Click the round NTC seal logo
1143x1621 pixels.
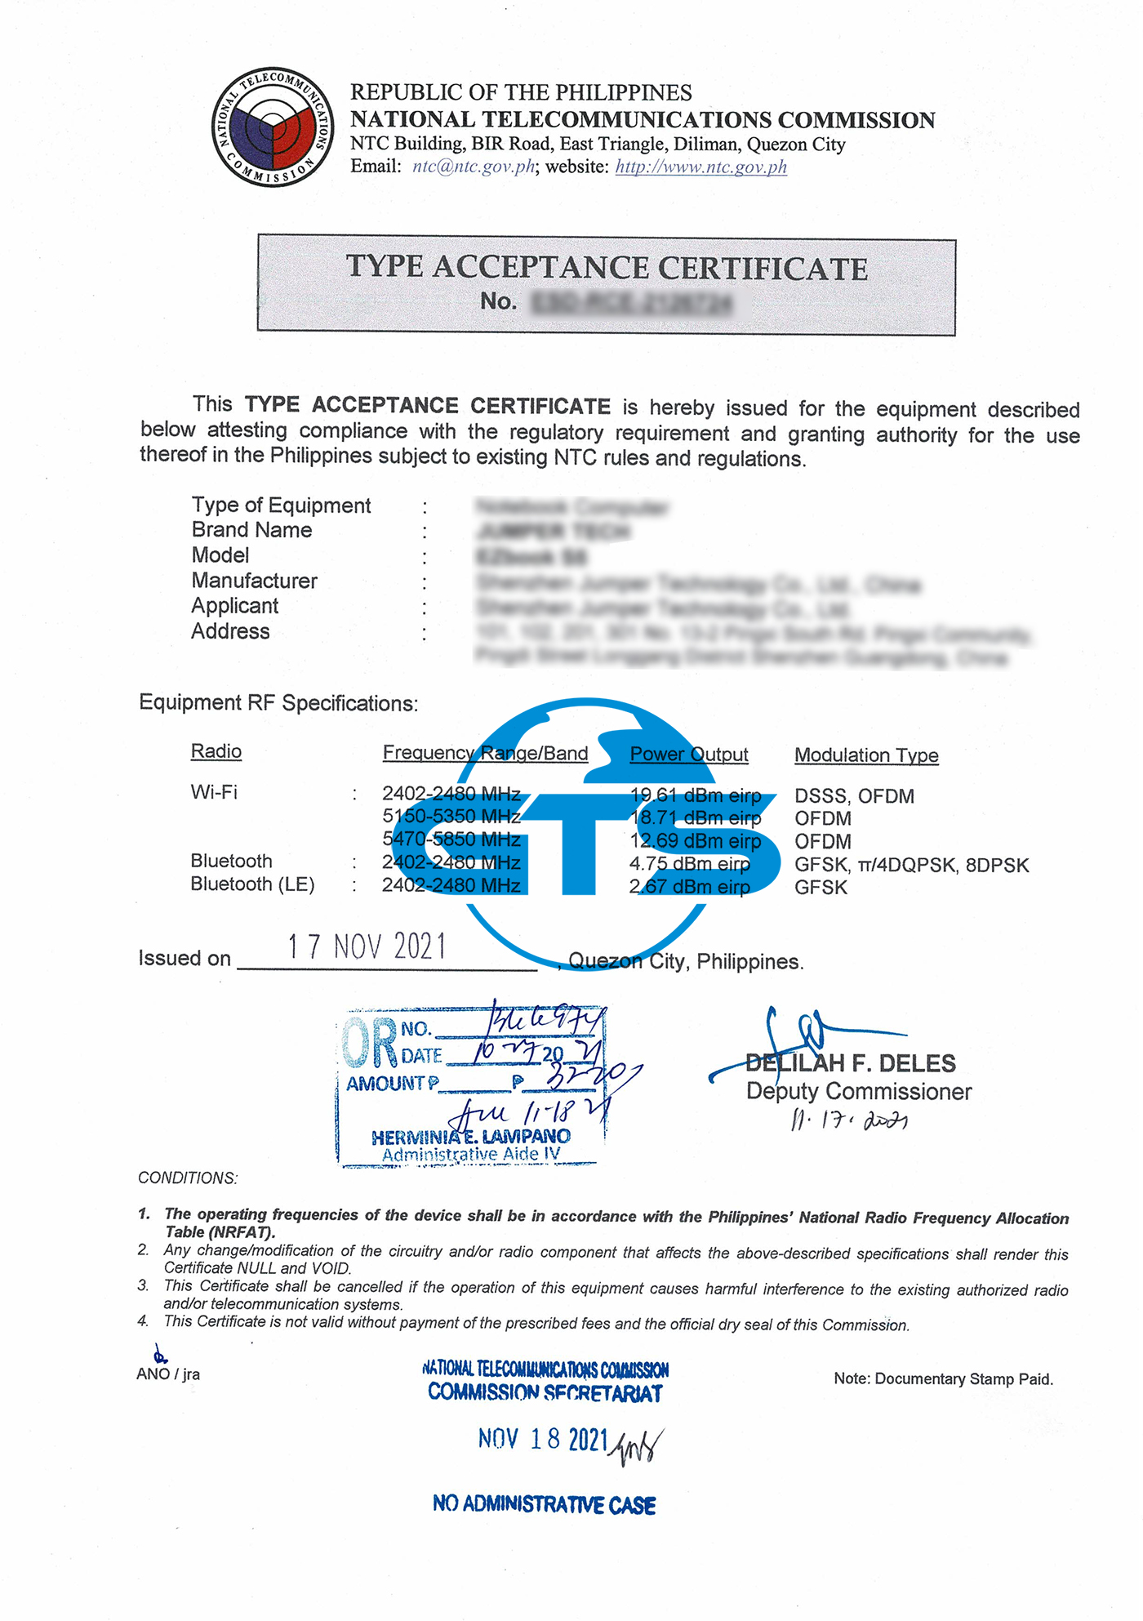[x=273, y=127]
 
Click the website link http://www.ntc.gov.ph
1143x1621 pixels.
[x=700, y=167]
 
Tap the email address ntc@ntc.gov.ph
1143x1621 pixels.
[x=474, y=167]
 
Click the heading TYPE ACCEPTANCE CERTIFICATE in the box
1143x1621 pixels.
[x=607, y=268]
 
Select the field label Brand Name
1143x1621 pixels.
[x=251, y=530]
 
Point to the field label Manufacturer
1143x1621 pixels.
[x=254, y=581]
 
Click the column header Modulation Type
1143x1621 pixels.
[x=866, y=755]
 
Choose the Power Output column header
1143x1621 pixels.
[x=688, y=754]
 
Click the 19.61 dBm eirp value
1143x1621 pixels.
[x=696, y=795]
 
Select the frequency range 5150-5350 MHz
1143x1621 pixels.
[x=451, y=816]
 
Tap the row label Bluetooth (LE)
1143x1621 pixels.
[x=252, y=884]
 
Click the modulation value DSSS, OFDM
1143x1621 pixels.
[x=854, y=796]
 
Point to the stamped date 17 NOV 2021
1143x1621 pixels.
[x=367, y=946]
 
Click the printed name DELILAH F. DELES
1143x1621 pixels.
[x=850, y=1063]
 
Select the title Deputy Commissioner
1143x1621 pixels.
[x=859, y=1092]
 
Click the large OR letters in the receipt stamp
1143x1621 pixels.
[x=370, y=1043]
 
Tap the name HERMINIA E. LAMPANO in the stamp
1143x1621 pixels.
[x=471, y=1137]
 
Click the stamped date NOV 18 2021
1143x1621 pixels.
[x=543, y=1439]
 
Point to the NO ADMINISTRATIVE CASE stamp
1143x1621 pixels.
[x=545, y=1504]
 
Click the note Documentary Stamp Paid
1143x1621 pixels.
[x=943, y=1379]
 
